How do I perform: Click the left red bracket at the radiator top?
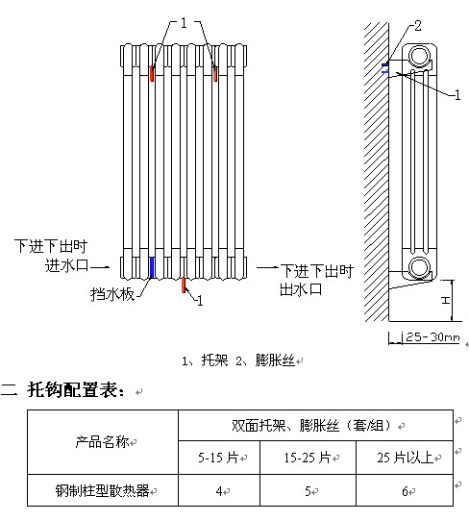coord(152,73)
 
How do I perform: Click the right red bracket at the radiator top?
coord(215,73)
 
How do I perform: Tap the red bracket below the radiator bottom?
coord(183,285)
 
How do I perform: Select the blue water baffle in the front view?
coord(152,267)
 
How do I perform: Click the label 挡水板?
coord(112,294)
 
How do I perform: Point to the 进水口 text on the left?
coord(66,265)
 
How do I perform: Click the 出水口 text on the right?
coord(301,289)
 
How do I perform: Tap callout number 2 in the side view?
coord(417,26)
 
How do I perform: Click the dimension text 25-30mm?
coord(432,337)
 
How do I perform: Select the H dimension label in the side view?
coord(445,300)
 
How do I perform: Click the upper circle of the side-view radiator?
coord(419,56)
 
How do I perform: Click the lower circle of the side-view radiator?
coord(419,267)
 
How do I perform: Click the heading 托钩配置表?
coord(77,389)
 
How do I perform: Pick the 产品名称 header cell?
coord(103,442)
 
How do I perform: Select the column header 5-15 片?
coord(219,458)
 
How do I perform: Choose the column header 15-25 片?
coord(308,458)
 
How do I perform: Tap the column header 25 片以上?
coord(405,458)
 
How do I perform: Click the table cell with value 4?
coord(219,490)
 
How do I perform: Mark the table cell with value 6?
coord(405,490)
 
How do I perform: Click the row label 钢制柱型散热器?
coord(103,490)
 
